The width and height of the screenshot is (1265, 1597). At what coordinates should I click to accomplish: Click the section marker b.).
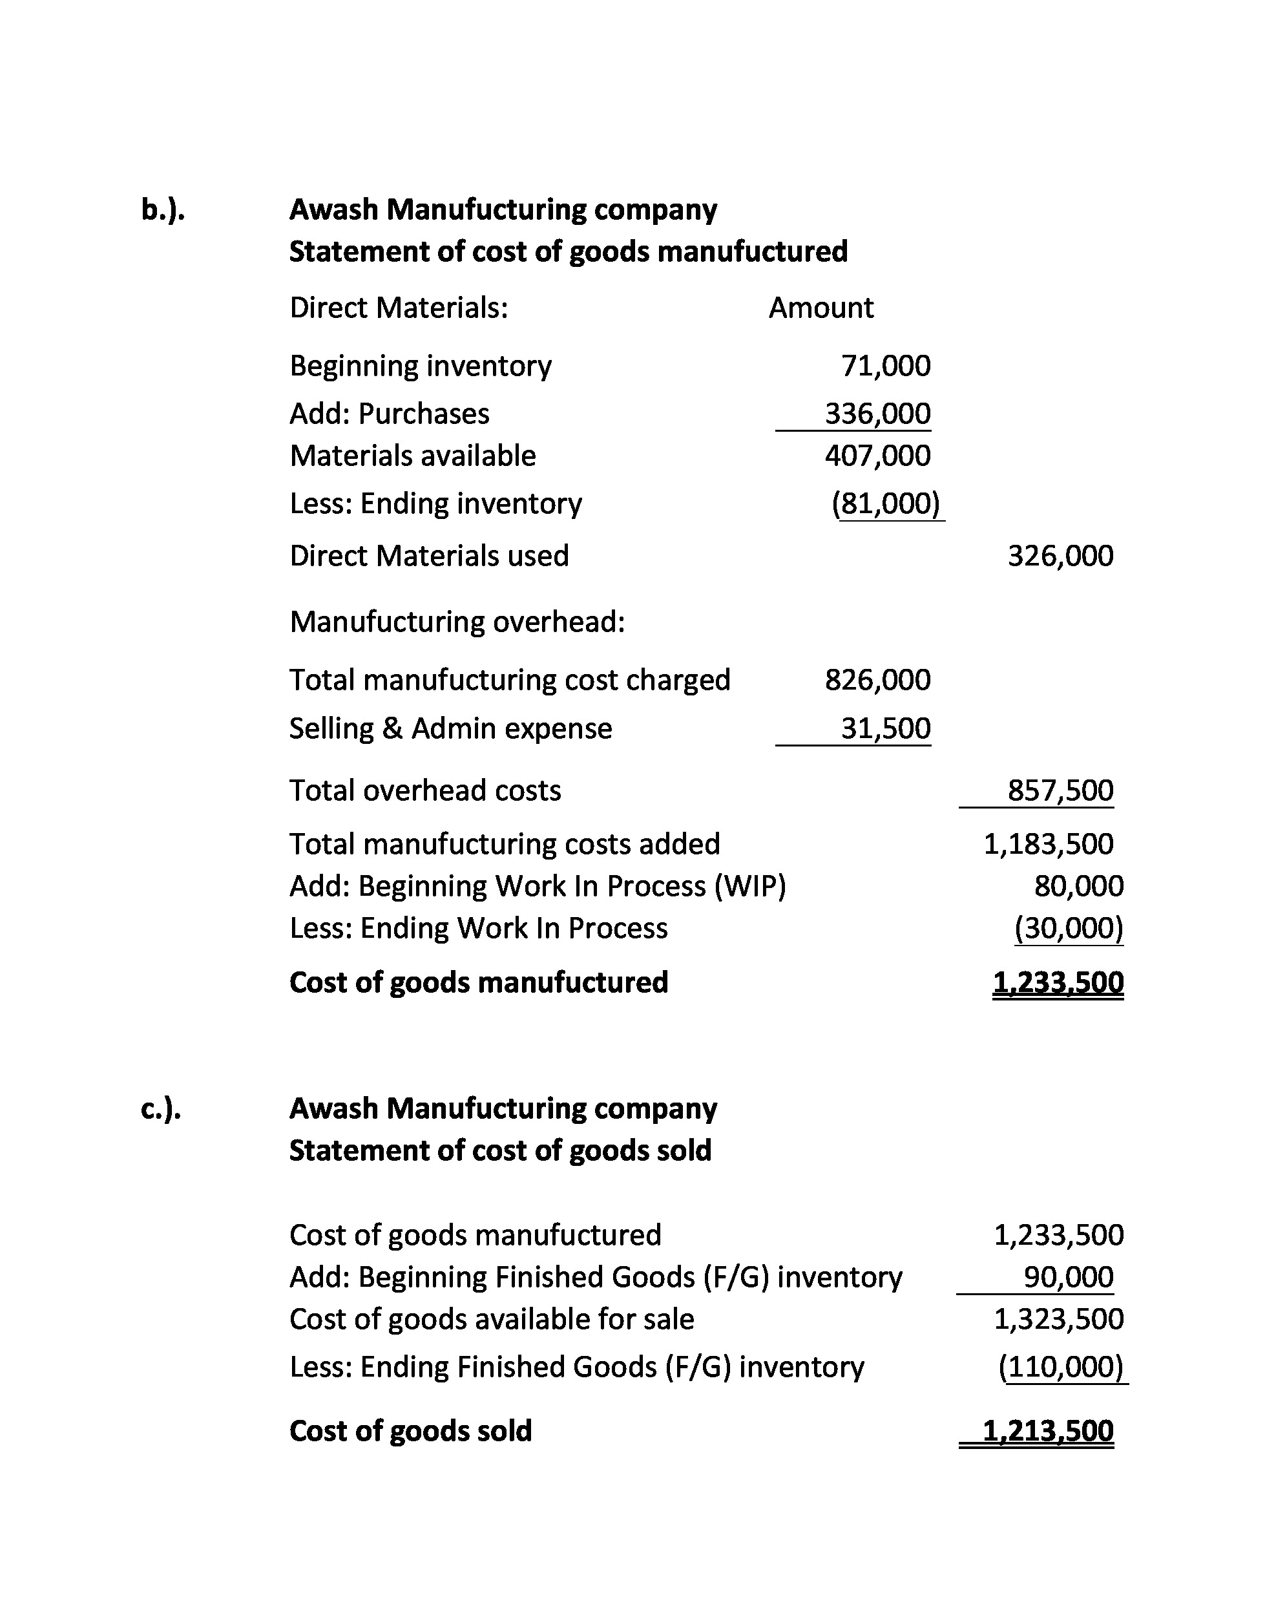click(x=162, y=210)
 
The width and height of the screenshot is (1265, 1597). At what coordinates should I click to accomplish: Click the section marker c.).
click(x=161, y=1109)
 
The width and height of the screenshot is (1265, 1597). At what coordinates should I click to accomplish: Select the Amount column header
click(x=821, y=308)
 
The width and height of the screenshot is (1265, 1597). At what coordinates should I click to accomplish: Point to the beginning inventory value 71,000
click(x=885, y=366)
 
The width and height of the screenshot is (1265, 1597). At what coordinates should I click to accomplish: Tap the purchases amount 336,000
click(x=877, y=414)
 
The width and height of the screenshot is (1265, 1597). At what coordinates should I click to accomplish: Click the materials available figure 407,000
click(x=877, y=456)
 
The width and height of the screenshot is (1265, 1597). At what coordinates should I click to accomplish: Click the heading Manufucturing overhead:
click(x=457, y=622)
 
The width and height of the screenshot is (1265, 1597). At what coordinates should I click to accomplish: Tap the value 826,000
click(x=877, y=680)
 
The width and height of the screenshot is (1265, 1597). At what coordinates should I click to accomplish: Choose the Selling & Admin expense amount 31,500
click(x=885, y=728)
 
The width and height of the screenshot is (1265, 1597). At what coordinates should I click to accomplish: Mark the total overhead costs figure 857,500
click(x=1060, y=790)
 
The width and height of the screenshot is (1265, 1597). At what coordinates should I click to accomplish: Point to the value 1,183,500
click(x=1048, y=843)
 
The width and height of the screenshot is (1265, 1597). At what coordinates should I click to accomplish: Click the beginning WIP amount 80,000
click(x=1078, y=886)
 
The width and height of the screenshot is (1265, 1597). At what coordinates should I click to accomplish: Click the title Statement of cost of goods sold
click(x=500, y=1150)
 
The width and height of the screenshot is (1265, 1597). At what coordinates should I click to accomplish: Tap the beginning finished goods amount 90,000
click(x=1068, y=1277)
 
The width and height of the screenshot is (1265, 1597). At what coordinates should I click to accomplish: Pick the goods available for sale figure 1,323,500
click(x=1058, y=1319)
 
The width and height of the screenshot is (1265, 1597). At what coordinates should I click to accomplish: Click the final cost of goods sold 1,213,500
click(x=1047, y=1430)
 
